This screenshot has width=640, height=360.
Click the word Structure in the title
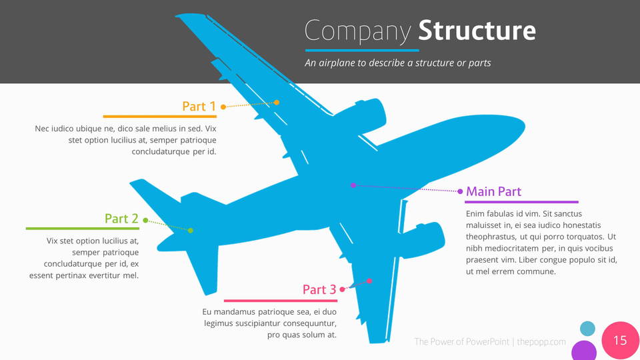click(477, 31)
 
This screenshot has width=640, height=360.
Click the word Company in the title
click(358, 31)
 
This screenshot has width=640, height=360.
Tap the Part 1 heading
click(199, 106)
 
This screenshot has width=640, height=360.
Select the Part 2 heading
click(121, 219)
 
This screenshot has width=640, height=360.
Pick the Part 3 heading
click(319, 289)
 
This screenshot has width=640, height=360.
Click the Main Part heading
click(493, 191)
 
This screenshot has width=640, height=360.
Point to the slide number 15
click(620, 341)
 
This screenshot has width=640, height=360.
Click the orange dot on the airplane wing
click(277, 102)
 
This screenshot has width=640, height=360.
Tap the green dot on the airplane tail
click(191, 231)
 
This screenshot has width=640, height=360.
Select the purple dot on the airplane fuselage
click(353, 185)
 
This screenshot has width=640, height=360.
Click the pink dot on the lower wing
click(369, 281)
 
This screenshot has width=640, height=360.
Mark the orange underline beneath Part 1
click(160, 116)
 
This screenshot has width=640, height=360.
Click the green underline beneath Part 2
click(82, 229)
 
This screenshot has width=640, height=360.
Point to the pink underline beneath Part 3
click(281, 301)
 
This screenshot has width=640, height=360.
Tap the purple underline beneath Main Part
click(521, 202)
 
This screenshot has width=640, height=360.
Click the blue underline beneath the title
click(362, 50)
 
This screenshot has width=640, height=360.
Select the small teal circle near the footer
click(587, 328)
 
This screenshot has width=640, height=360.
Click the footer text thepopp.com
click(541, 342)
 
